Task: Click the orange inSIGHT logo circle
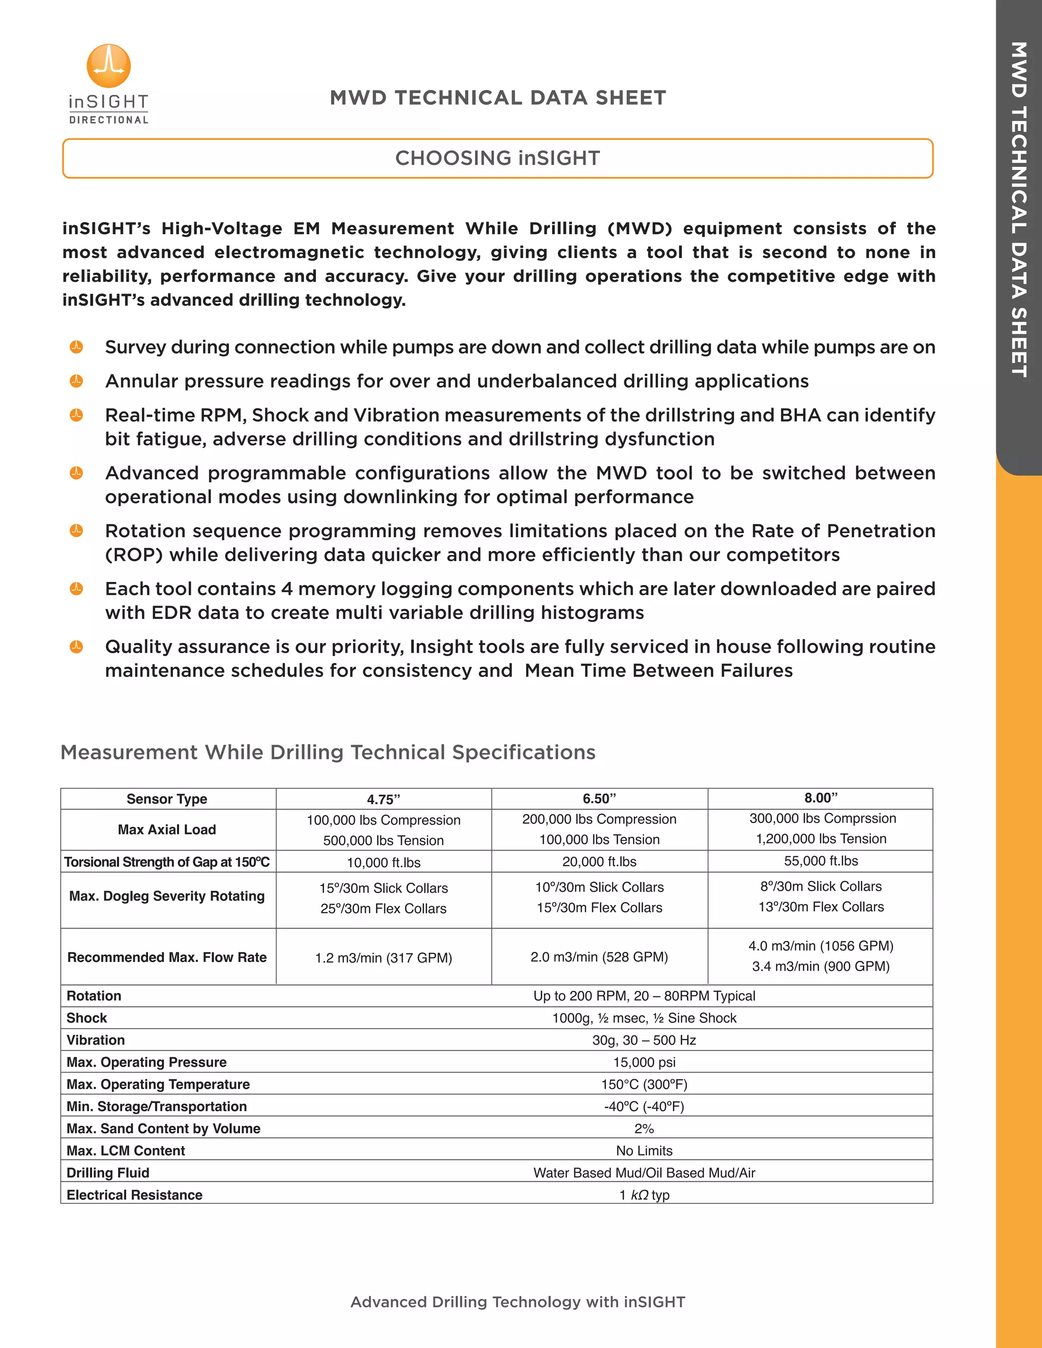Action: coord(109,66)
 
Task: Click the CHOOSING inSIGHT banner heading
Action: coord(498,159)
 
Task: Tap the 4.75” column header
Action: coord(383,799)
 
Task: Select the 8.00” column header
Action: coord(820,798)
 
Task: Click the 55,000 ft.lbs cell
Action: coord(820,861)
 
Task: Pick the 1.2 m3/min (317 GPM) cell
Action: coord(383,957)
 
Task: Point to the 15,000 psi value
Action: coord(644,1062)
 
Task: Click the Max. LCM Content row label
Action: coord(126,1151)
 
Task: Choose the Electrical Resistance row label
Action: coord(134,1195)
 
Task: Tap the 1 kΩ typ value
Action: coord(644,1195)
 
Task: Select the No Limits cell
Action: coord(644,1151)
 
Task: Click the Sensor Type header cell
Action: coord(167,799)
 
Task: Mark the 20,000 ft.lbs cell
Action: coord(599,862)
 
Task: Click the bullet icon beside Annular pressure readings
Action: coord(76,381)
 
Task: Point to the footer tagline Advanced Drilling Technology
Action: coord(517,1302)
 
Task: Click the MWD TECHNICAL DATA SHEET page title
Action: coord(498,98)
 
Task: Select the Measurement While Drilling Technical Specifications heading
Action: coord(328,752)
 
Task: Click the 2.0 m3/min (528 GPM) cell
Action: coord(599,957)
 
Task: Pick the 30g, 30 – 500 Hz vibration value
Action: coord(644,1040)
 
